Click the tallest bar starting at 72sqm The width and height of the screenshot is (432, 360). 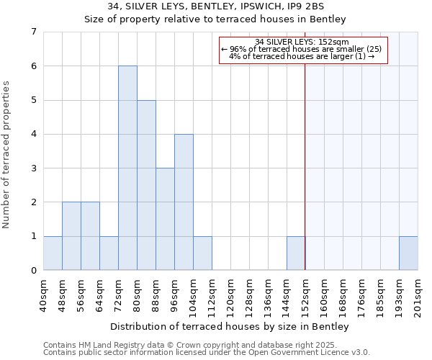[127, 168]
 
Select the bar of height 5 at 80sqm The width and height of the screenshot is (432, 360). [146, 185]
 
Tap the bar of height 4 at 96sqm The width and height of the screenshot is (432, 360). [184, 202]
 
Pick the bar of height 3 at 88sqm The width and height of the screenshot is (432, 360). [165, 219]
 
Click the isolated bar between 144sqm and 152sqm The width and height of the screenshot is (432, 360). [296, 253]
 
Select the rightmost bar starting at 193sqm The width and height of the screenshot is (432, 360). [408, 253]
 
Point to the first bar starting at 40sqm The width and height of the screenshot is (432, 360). [53, 253]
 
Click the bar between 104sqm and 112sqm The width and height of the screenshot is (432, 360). [202, 253]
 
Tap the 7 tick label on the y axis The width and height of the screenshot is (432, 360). [33, 32]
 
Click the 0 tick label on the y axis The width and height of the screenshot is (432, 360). [33, 271]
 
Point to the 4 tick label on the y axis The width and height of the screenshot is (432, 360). [33, 134]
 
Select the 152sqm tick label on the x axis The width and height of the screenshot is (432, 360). [305, 295]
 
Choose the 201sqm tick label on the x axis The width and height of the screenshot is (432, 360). [418, 295]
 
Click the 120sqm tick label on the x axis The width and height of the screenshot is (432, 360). [230, 295]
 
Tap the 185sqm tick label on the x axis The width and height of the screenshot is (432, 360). [380, 295]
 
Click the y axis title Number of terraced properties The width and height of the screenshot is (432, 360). [7, 154]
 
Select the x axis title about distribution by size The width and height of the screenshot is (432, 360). [230, 327]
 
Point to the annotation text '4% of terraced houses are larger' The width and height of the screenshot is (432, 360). [302, 56]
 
